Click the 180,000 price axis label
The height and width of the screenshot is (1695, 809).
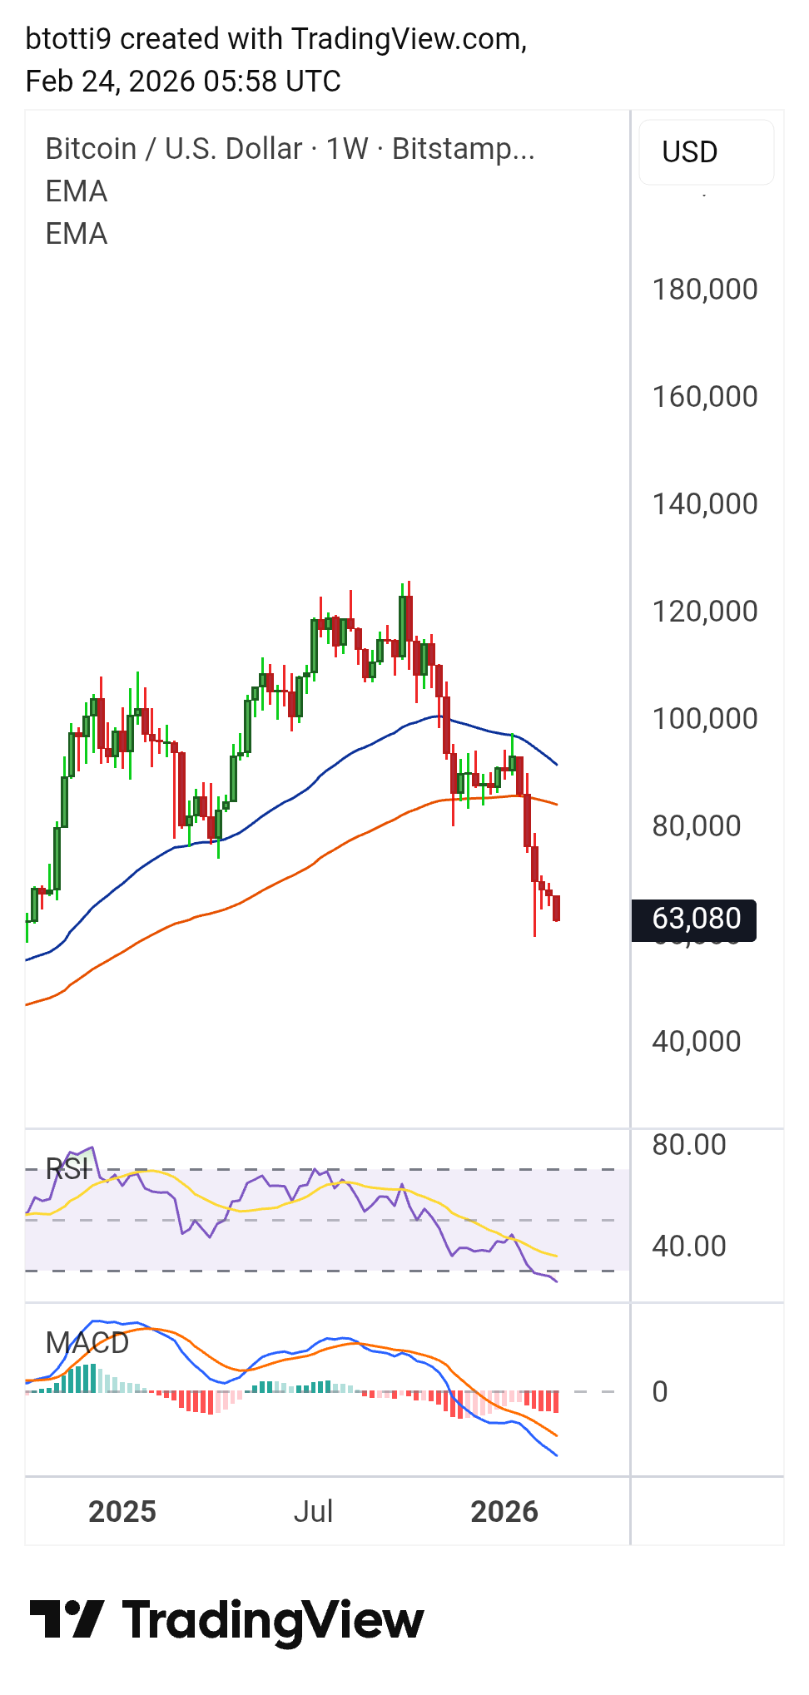[x=704, y=290]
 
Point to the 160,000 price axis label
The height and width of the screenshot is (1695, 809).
[x=704, y=397]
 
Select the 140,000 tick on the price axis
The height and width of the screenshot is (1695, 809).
[x=704, y=504]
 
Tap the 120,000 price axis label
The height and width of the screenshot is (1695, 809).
[x=704, y=612]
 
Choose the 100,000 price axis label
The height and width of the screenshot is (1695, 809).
[x=704, y=719]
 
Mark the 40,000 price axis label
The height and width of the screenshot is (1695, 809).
[x=696, y=1042]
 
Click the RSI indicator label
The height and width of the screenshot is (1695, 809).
[x=67, y=1169]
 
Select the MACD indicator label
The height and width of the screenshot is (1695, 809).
[x=87, y=1343]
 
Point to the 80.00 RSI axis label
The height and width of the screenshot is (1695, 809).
[x=688, y=1145]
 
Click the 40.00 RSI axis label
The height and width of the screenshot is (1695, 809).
[x=688, y=1246]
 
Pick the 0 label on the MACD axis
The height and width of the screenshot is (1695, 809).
[x=659, y=1392]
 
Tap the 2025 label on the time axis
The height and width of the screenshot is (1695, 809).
[x=122, y=1512]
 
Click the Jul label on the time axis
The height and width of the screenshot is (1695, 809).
[x=313, y=1512]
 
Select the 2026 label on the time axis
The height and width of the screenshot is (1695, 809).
[x=504, y=1512]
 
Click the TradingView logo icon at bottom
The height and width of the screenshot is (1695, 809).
[x=67, y=1619]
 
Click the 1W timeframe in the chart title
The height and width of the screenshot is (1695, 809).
[x=346, y=149]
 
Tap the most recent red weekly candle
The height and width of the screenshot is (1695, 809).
[x=556, y=908]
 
